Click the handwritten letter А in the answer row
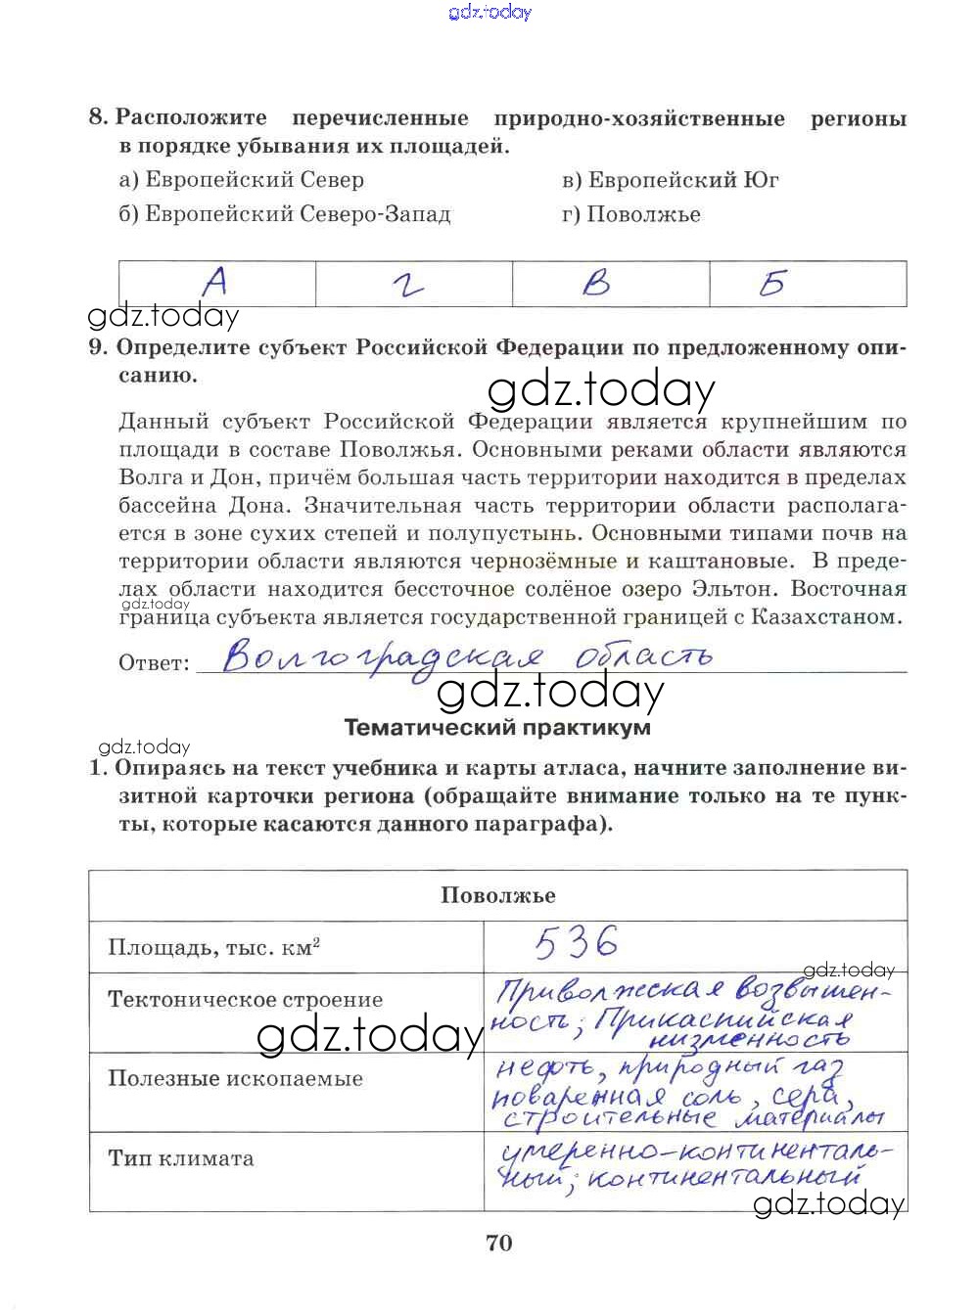point(215,283)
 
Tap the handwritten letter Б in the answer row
point(772,284)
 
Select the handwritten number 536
point(577,942)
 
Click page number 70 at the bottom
point(498,1243)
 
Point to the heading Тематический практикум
point(497,728)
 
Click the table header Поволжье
point(497,895)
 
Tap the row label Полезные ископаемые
point(235,1078)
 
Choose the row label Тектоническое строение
point(245,1000)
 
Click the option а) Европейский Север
point(241,180)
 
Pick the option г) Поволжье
point(631,214)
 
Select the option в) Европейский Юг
point(671,180)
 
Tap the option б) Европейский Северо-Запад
point(285,214)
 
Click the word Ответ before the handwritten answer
point(154,663)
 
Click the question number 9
point(97,347)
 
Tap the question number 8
point(97,117)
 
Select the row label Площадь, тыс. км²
point(214,948)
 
